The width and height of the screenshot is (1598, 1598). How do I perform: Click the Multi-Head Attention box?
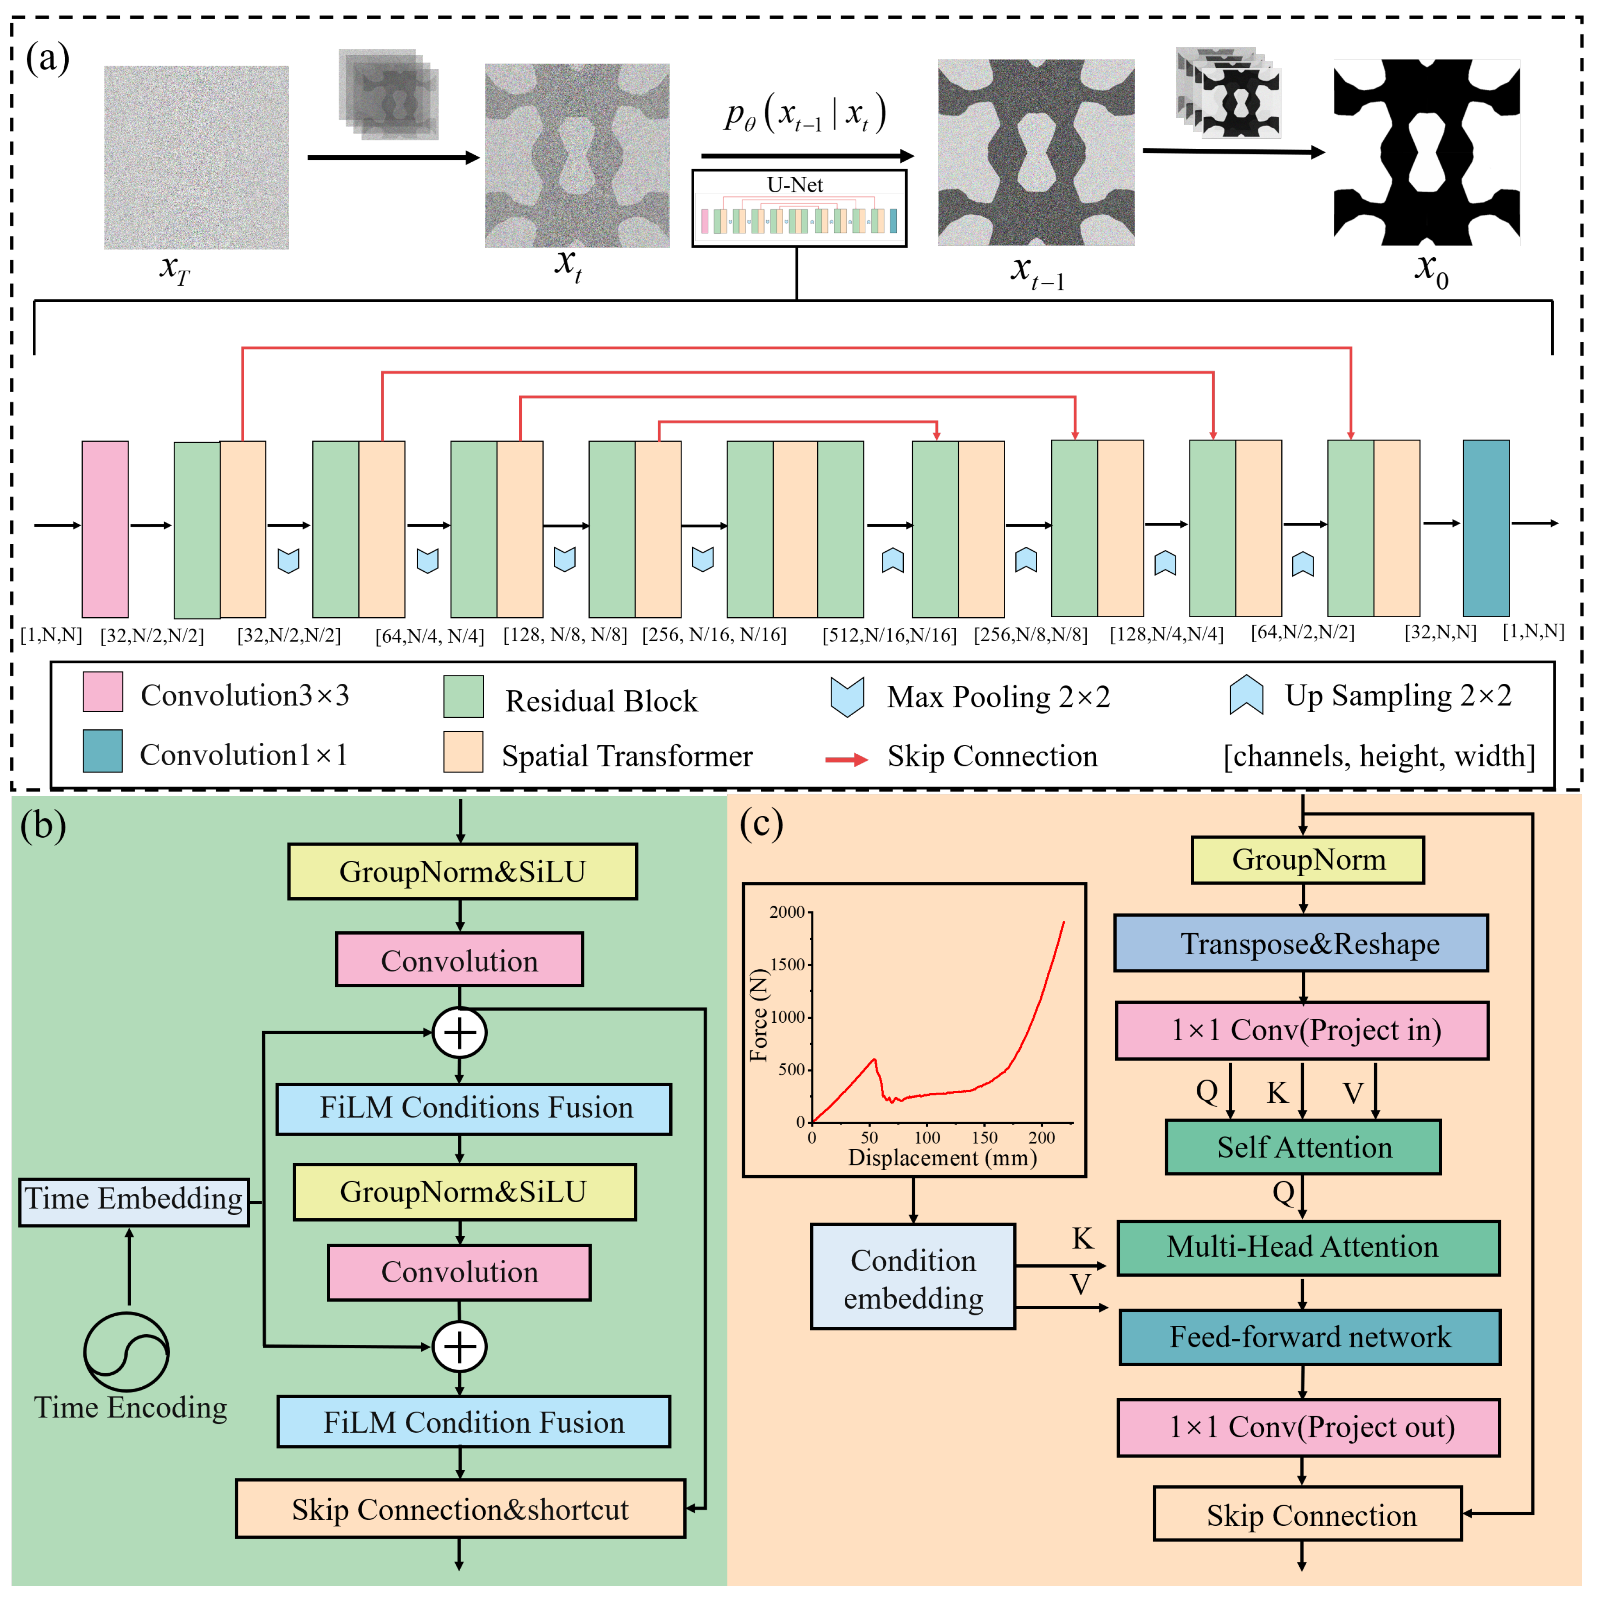coord(1308,1247)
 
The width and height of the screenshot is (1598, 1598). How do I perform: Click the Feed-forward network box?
coord(1309,1337)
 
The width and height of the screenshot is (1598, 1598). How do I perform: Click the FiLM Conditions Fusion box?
coord(473,1108)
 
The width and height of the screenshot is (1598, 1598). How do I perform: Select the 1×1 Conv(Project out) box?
coord(1308,1427)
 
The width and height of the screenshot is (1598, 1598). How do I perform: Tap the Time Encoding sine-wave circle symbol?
coord(126,1352)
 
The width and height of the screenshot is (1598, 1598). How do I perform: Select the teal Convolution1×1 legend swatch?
coord(102,751)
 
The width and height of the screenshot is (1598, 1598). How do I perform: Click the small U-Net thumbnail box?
coord(799,208)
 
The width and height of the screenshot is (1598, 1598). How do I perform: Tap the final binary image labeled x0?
coord(1426,152)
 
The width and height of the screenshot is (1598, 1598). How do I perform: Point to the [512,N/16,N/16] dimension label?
coord(889,635)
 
